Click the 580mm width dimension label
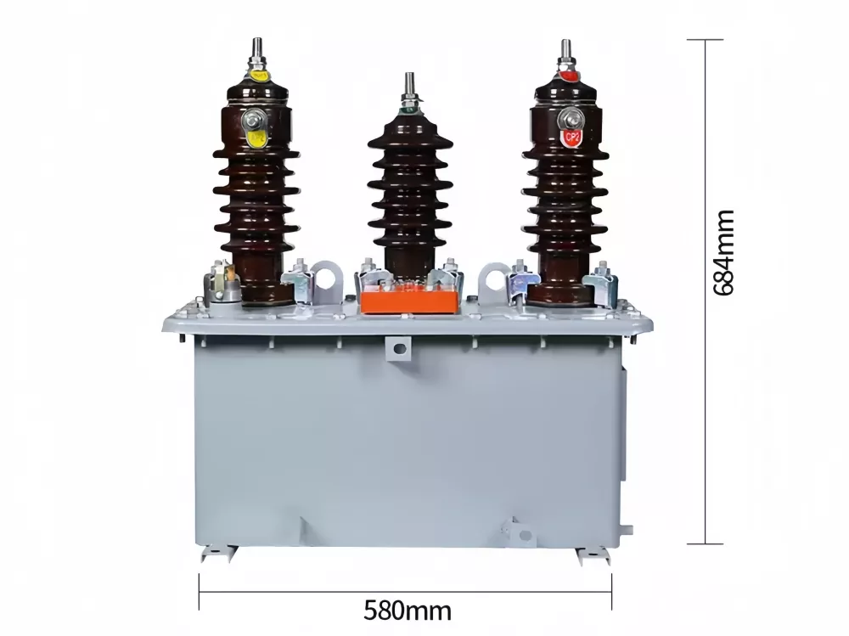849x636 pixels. point(407,609)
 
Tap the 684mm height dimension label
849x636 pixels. point(723,252)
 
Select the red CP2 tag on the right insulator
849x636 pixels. point(571,136)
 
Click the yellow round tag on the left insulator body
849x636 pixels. point(255,136)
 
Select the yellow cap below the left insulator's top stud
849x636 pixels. point(256,76)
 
